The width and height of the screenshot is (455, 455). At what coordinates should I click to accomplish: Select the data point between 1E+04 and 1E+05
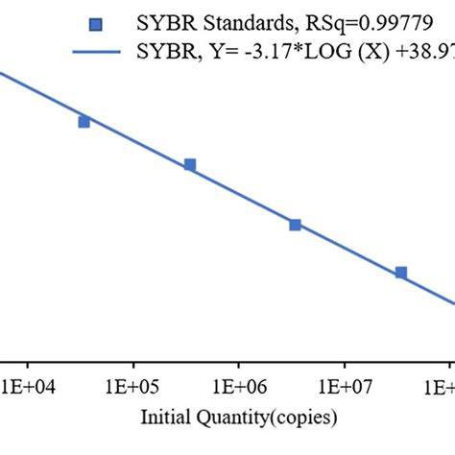click(x=84, y=121)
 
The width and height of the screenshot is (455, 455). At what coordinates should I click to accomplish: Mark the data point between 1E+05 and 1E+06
click(x=190, y=165)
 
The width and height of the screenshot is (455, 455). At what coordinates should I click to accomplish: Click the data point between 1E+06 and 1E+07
click(x=296, y=225)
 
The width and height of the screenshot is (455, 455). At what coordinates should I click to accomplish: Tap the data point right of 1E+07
click(x=401, y=273)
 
